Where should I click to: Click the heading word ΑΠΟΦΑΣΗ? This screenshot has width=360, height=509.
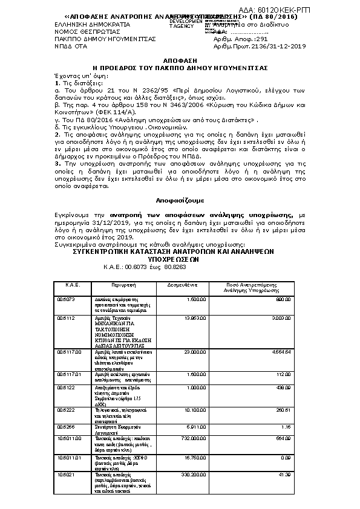point(180,62)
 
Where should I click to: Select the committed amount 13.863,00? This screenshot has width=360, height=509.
point(194,317)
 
